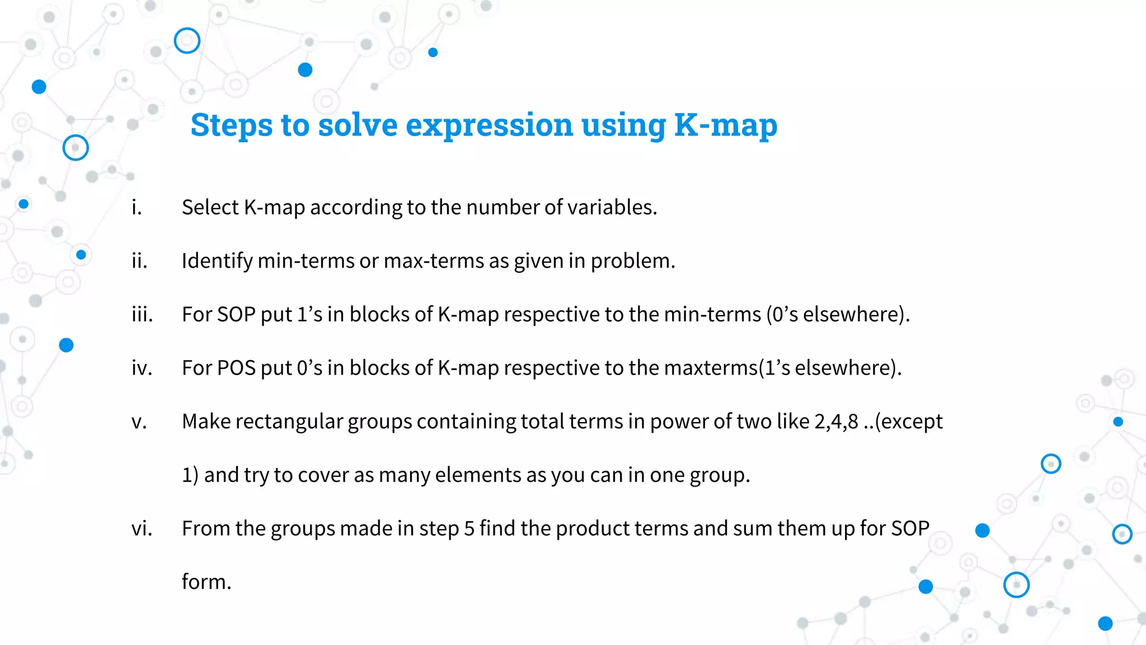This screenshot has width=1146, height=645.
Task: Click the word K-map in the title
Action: click(725, 125)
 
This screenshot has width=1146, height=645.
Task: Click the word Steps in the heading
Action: click(231, 125)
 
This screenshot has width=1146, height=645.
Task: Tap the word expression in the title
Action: click(489, 125)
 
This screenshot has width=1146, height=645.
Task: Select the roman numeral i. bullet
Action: click(137, 208)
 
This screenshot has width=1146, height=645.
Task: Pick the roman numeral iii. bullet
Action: click(142, 315)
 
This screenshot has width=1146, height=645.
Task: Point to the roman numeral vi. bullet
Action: click(142, 529)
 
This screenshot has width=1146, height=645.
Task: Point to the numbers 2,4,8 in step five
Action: click(836, 422)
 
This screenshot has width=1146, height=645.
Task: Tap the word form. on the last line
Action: click(206, 582)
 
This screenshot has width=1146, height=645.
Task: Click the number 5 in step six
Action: click(469, 529)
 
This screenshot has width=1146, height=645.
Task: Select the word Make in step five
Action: click(206, 422)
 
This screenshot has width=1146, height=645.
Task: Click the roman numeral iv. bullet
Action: click(142, 368)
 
